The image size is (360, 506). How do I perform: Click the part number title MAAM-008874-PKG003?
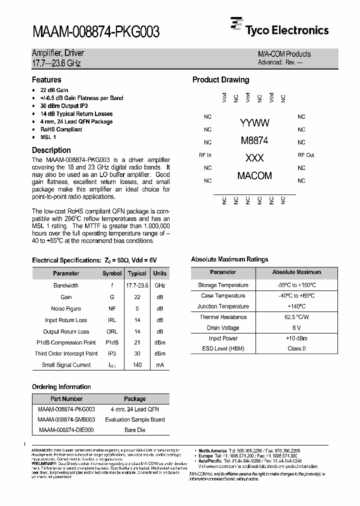click(x=95, y=32)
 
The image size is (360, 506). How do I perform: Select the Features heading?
click(x=46, y=80)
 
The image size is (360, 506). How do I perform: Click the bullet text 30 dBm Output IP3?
click(x=64, y=106)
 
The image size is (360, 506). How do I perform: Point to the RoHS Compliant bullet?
click(x=61, y=129)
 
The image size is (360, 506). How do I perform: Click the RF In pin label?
click(x=205, y=155)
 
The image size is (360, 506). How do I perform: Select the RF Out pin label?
click(x=306, y=155)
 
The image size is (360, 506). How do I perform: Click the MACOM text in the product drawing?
click(x=254, y=175)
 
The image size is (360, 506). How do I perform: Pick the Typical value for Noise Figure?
click(x=137, y=308)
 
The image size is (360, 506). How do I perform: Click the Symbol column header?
click(x=112, y=273)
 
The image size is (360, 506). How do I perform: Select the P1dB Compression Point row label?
click(x=66, y=342)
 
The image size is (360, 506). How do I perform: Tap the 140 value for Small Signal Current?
click(x=137, y=365)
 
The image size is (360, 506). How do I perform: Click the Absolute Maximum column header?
click(x=296, y=272)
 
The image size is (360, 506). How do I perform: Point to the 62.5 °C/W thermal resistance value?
click(x=296, y=317)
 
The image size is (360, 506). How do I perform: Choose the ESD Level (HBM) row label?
click(x=223, y=348)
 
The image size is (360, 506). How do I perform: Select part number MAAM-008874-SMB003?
click(x=66, y=419)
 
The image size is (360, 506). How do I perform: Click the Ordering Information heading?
click(x=61, y=387)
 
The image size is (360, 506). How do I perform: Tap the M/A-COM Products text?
click(x=284, y=54)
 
